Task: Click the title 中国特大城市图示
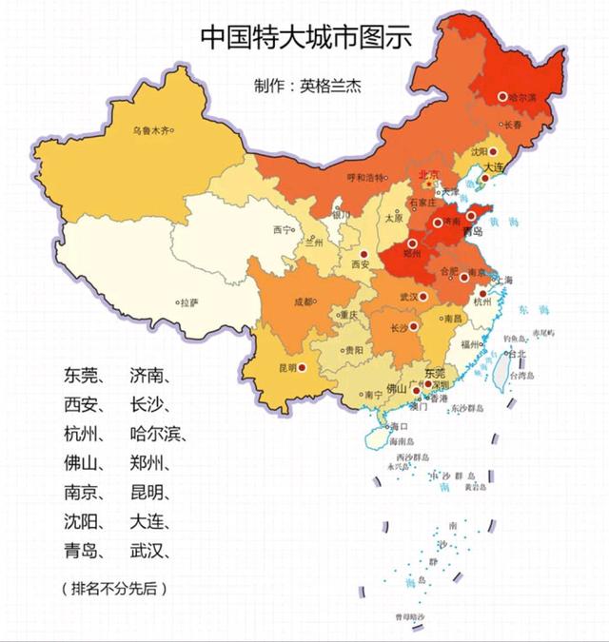305,35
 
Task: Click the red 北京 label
429,174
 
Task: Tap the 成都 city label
303,302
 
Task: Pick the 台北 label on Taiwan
516,354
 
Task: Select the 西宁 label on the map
282,230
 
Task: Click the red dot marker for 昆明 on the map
302,366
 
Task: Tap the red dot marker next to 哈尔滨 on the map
503,96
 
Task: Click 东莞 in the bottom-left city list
81,375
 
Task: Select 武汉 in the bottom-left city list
146,552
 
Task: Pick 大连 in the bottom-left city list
146,522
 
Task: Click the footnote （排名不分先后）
114,589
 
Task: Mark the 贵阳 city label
353,350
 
